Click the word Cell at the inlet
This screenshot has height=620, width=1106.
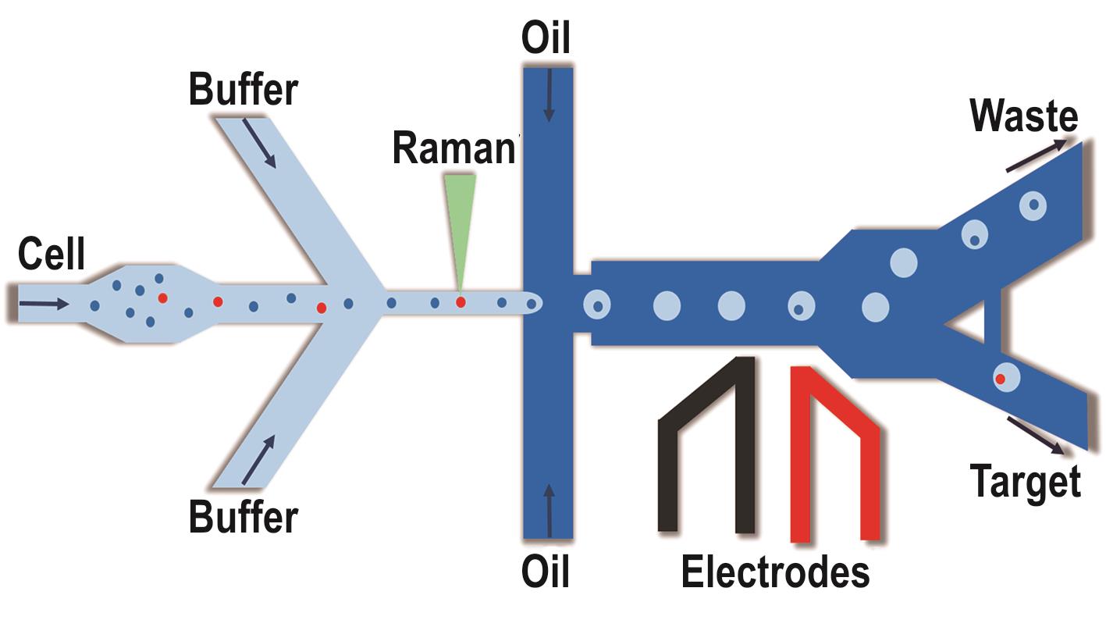point(52,255)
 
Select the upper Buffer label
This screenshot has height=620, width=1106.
point(244,89)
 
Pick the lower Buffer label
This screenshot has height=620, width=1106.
point(244,516)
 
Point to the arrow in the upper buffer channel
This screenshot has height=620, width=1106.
point(260,143)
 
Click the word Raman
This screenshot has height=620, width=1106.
point(454,148)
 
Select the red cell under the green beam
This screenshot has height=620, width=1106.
point(461,302)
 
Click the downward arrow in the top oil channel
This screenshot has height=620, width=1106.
point(549,94)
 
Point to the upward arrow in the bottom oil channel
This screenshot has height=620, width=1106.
point(549,511)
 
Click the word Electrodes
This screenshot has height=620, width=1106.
point(775,572)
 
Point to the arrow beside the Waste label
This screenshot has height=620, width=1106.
point(1035,155)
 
